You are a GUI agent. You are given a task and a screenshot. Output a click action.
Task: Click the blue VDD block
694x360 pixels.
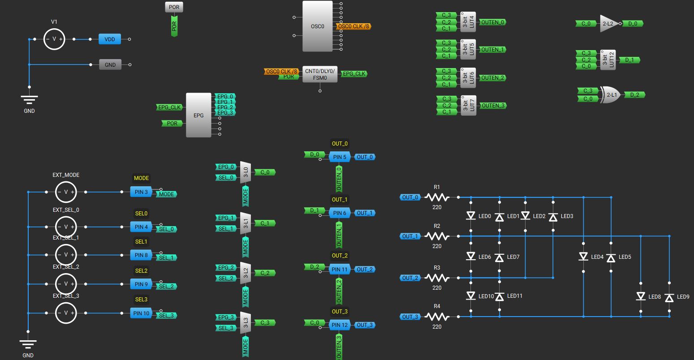pos(110,39)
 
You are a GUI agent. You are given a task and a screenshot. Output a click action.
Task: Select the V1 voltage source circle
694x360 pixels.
pos(54,39)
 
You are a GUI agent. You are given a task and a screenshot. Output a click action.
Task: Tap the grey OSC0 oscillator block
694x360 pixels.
pos(318,26)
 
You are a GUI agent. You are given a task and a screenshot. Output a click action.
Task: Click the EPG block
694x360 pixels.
pos(198,115)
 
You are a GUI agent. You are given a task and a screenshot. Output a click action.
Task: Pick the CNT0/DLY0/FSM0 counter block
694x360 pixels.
pos(320,74)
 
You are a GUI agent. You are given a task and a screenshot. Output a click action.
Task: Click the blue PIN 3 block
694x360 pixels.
pos(141,192)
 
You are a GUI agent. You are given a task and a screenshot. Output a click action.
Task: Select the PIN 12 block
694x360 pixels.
pos(340,325)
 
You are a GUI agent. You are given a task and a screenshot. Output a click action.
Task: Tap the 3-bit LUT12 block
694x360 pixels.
pos(608,60)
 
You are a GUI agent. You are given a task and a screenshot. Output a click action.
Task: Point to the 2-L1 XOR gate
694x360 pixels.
pos(611,95)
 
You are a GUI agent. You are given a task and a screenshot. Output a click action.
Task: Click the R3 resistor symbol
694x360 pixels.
pos(437,278)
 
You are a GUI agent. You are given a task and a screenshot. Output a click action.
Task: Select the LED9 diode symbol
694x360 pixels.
pos(669,298)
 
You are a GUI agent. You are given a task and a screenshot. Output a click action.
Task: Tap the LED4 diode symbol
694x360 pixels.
pos(583,256)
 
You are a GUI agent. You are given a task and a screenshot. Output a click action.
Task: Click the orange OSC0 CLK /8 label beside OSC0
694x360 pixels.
pos(353,26)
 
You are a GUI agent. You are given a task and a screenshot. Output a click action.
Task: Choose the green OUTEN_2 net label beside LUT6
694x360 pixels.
pos(493,78)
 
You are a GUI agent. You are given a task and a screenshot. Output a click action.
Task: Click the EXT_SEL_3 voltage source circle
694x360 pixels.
pos(66,313)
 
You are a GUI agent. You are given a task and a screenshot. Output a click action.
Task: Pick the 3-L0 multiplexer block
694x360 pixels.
pos(246,172)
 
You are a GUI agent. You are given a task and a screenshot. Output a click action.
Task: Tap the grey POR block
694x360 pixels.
pos(174,7)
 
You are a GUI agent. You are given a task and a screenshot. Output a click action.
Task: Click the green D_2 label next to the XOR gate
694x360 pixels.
pos(634,95)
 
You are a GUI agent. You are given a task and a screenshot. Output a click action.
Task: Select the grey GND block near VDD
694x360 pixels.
pos(110,64)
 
